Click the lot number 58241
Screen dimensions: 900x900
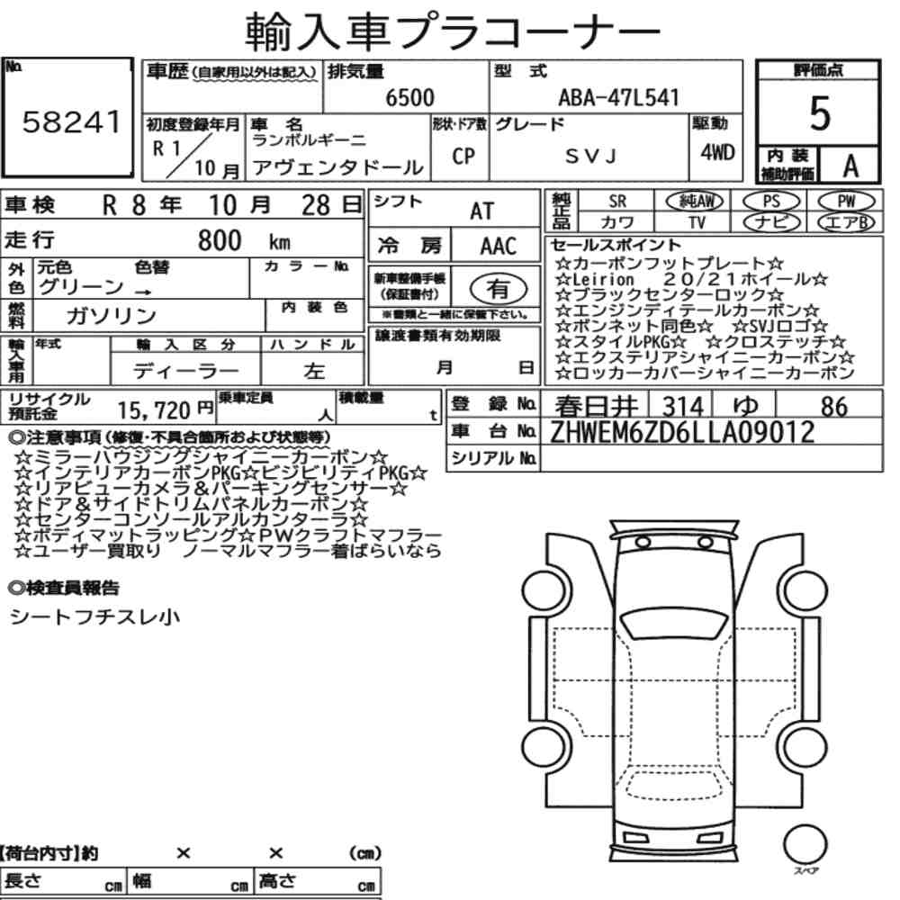tap(72, 121)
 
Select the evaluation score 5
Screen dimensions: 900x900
tap(820, 113)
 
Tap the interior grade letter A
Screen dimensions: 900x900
tap(850, 166)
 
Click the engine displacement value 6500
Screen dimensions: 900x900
tap(409, 97)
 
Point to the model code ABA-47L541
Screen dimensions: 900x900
tap(619, 97)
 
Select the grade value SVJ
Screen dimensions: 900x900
tap(590, 156)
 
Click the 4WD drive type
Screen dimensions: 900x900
tap(717, 152)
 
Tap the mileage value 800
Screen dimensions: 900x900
tap(220, 240)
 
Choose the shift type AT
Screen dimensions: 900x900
tap(481, 211)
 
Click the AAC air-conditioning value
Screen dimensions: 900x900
tap(499, 247)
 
